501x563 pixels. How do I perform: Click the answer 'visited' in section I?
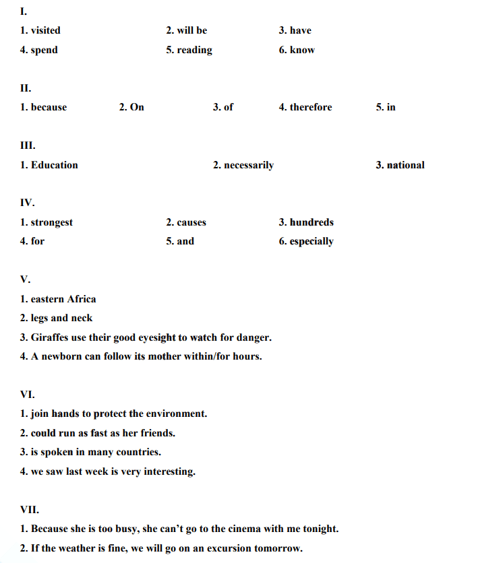[45, 30]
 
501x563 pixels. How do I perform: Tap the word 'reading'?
[194, 50]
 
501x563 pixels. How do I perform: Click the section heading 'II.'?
[26, 88]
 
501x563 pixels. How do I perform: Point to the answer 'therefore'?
[311, 107]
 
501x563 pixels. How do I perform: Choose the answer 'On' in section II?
[137, 107]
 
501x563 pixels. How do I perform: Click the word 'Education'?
[54, 165]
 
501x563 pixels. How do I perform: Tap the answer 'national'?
[405, 165]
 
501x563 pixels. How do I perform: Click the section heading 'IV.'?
[27, 202]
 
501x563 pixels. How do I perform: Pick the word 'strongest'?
[52, 222]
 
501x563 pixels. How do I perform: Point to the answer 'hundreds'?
[312, 222]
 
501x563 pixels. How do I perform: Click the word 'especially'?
[312, 242]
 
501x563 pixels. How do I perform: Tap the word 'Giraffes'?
[51, 337]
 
